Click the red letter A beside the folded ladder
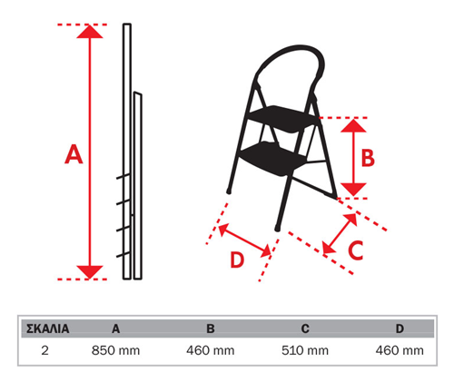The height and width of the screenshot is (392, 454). pyautogui.click(x=74, y=154)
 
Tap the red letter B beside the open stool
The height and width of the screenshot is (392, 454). pyautogui.click(x=368, y=158)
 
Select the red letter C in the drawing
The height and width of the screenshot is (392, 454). pyautogui.click(x=356, y=250)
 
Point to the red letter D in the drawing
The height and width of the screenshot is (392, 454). pyautogui.click(x=237, y=260)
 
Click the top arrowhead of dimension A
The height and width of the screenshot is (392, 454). pyautogui.click(x=90, y=32)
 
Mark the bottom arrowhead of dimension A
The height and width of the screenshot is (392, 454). pyautogui.click(x=90, y=272)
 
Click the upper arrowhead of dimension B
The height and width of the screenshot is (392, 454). pyautogui.click(x=353, y=125)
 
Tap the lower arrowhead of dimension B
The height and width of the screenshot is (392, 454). pyautogui.click(x=353, y=190)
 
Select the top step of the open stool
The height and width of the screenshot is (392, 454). pyautogui.click(x=282, y=119)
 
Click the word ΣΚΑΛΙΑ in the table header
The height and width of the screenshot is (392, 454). pyautogui.click(x=48, y=328)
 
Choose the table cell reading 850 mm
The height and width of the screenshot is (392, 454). pyautogui.click(x=115, y=350)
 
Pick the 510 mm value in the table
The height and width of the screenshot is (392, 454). pyautogui.click(x=305, y=350)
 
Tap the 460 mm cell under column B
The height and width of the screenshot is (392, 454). pyautogui.click(x=211, y=350)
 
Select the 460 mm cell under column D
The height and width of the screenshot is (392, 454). pyautogui.click(x=400, y=350)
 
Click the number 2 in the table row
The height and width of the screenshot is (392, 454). pyautogui.click(x=44, y=350)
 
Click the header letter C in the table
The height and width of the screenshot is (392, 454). pyautogui.click(x=305, y=328)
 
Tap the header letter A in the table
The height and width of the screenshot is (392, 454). pyautogui.click(x=115, y=328)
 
